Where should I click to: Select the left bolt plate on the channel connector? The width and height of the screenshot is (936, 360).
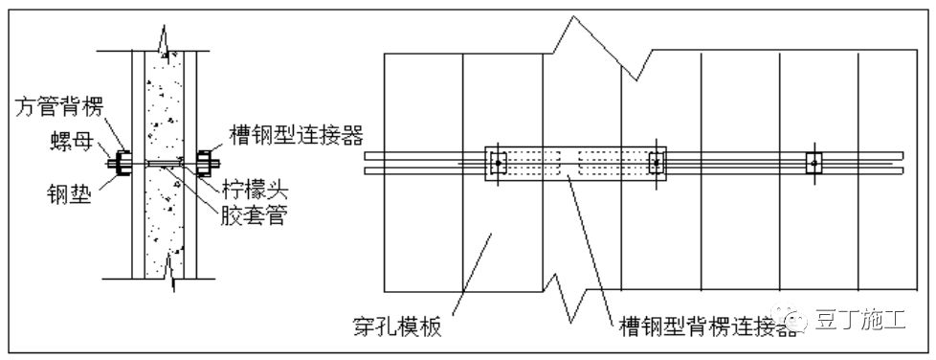click(498, 164)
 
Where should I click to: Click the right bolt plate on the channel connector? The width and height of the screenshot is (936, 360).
click(656, 164)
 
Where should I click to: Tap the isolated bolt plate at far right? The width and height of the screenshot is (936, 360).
click(813, 164)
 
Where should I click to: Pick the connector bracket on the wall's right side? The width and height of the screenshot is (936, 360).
click(205, 164)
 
